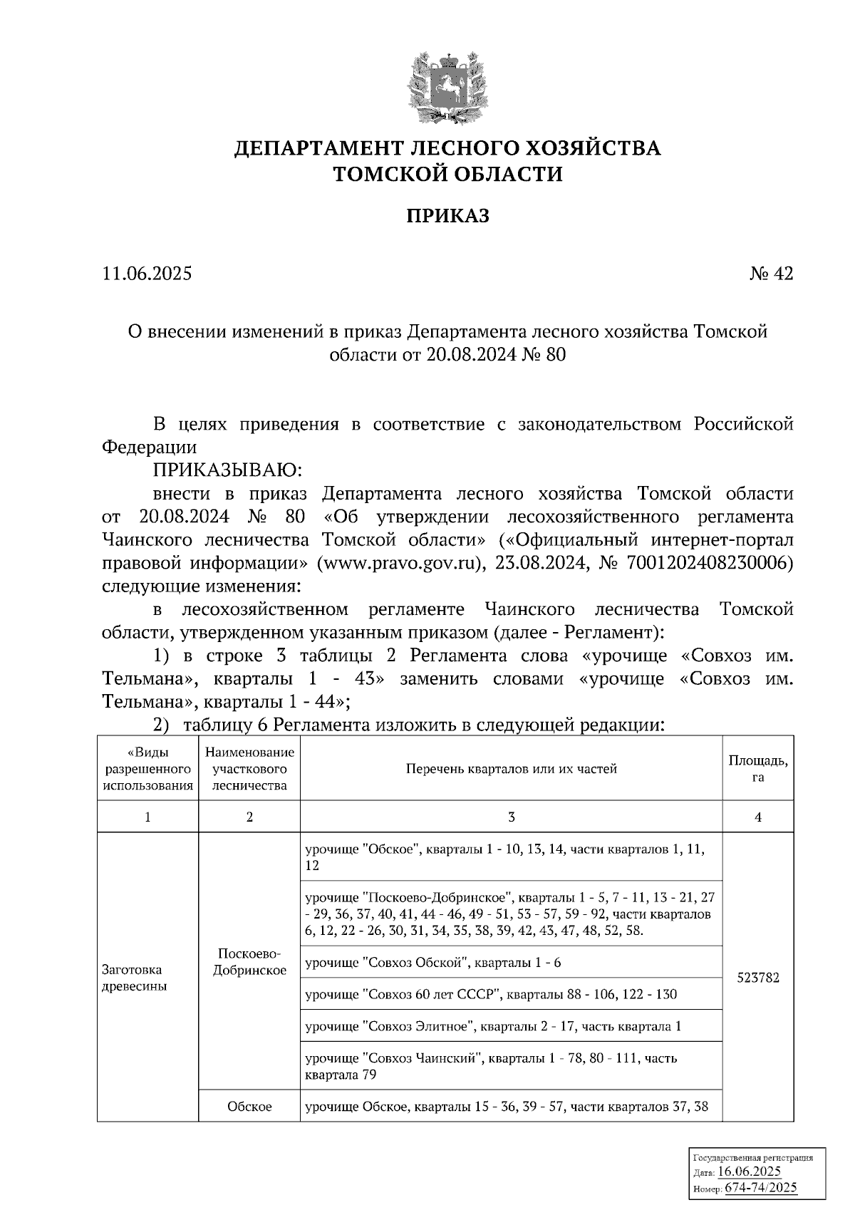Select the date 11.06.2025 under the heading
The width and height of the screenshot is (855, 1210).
click(147, 274)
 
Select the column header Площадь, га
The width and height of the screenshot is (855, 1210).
click(757, 768)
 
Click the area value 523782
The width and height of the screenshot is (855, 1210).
click(757, 978)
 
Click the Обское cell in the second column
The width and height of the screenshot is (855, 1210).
click(249, 1107)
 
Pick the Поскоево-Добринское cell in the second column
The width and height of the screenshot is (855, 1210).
click(249, 962)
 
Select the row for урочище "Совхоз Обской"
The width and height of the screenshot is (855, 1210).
click(433, 963)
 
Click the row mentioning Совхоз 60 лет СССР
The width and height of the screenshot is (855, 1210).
click(490, 994)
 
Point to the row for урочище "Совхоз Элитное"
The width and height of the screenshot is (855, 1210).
click(493, 1026)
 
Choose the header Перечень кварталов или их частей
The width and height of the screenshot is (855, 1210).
click(511, 768)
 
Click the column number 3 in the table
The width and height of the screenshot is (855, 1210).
click(511, 817)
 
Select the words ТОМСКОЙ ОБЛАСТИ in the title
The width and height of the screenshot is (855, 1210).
click(447, 173)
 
